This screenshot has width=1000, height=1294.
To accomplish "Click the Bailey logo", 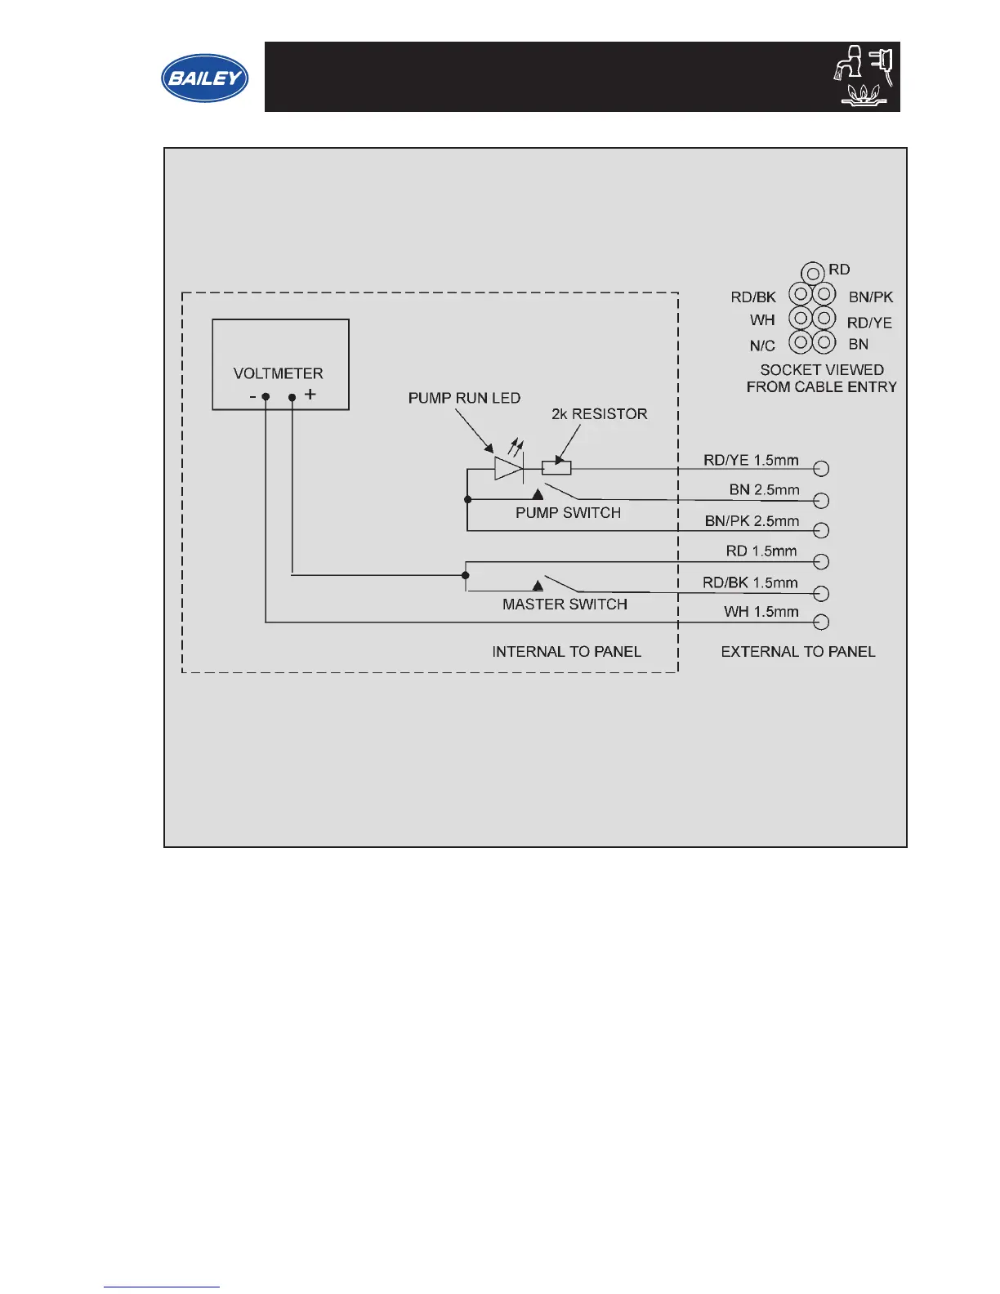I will pos(204,78).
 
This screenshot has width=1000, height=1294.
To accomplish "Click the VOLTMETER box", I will pos(280,364).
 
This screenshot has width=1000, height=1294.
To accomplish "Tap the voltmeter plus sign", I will pos(310,395).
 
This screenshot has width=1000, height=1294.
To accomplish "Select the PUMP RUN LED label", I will pos(464,398).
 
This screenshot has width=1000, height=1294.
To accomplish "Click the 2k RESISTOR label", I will pos(599,414).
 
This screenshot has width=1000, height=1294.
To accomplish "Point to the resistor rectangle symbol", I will pos(556,468).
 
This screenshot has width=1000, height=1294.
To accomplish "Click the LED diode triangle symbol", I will pos(508,468).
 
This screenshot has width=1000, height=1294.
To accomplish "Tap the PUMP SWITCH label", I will pos(568,513).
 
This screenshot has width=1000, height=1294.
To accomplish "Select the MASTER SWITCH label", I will pos(565,605).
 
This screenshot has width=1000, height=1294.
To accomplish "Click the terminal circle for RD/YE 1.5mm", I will pos(822,468).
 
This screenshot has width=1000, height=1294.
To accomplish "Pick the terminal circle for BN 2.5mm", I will pos(822,500).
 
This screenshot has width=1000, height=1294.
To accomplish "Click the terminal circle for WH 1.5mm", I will pos(822,622).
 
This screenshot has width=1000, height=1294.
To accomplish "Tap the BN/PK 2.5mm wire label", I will pos(752,521).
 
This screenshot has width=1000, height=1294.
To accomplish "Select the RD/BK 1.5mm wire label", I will pos(750,582).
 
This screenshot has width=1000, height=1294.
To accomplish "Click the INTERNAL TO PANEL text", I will pos(566,652).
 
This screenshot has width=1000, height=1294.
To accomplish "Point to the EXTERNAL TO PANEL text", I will pos(797,652).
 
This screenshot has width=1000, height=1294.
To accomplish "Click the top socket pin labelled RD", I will pos(812,272).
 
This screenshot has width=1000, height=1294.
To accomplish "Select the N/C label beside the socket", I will pos(762,346).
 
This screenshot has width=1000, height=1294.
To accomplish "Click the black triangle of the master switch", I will pos(538,585).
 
